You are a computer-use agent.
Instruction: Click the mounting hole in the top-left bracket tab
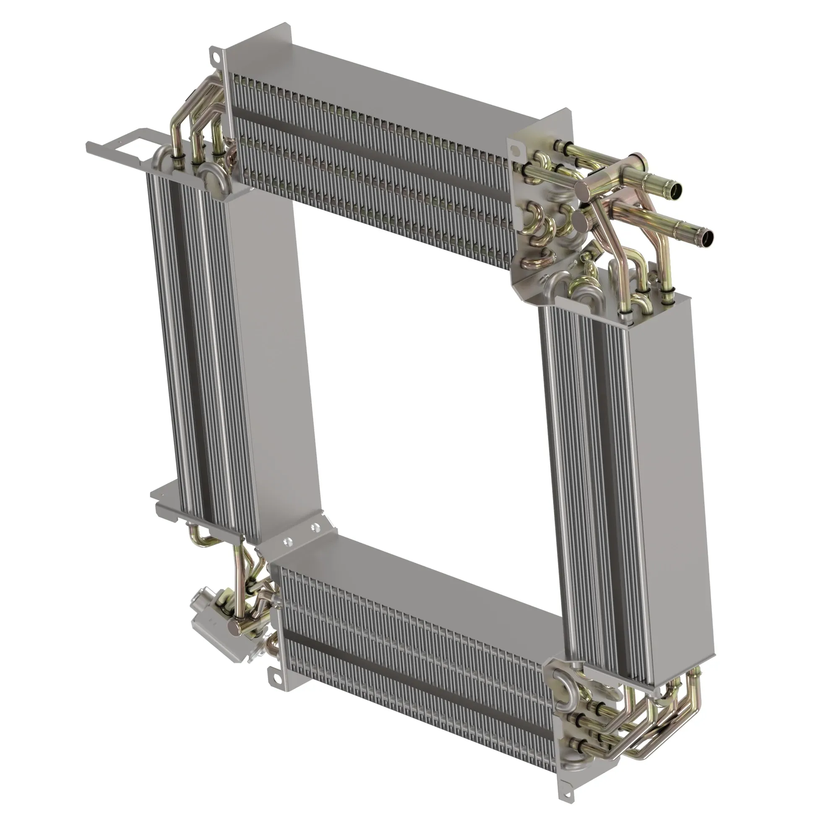[214, 55]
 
